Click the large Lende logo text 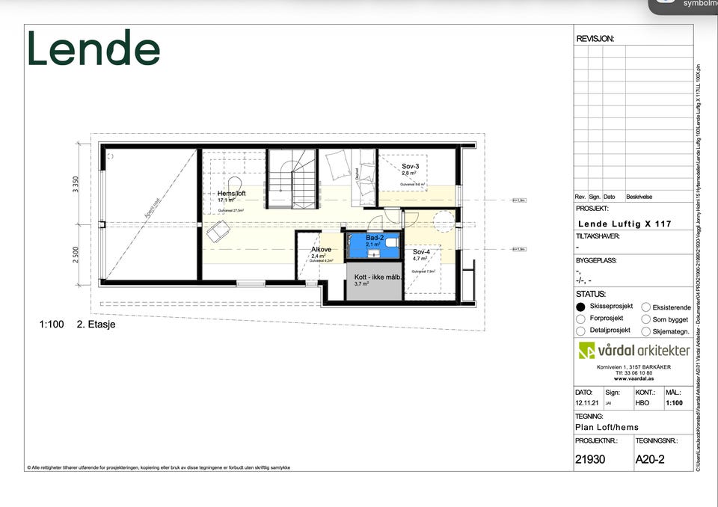94,49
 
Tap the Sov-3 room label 410,166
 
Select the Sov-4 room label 421,252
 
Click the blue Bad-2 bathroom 373,244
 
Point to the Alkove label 321,250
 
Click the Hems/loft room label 231,193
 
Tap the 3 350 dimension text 76,185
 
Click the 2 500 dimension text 76,254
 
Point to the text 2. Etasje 96,325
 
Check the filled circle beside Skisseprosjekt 581,307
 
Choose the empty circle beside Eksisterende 645,307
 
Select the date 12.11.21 584,402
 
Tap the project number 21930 590,460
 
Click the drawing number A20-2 650,460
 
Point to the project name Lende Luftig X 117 625,224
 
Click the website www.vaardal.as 633,379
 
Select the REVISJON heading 595,38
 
